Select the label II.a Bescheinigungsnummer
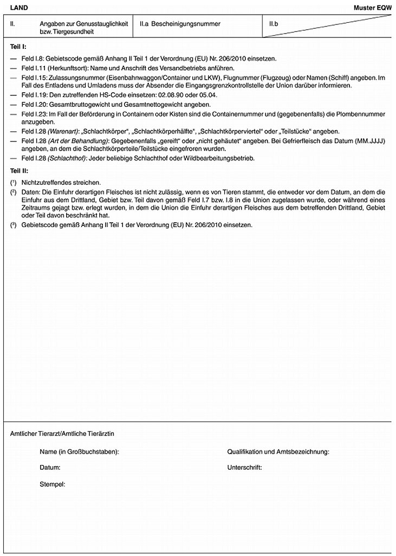180,24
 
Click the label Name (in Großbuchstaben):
79,451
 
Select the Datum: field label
50,467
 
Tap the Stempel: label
53,482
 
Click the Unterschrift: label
245,467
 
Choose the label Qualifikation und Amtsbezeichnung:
278,451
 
